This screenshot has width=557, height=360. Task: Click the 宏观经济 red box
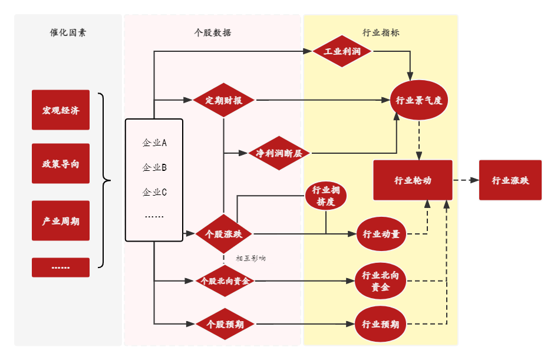(x=60, y=110)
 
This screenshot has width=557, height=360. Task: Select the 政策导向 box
(x=60, y=164)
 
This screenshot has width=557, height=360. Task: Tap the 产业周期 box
(x=60, y=221)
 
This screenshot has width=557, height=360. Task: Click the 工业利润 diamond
(x=342, y=51)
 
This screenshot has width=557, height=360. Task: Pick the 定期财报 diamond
(x=223, y=100)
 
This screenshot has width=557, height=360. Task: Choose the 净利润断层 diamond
(x=279, y=153)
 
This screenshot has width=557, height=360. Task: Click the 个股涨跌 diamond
(x=223, y=234)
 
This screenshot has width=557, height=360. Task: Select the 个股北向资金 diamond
(x=224, y=281)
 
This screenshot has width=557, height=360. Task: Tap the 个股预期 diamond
(x=224, y=324)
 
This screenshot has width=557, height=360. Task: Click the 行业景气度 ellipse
(x=418, y=100)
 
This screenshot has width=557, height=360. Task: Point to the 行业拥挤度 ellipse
(x=325, y=196)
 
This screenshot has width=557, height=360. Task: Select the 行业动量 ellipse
(x=381, y=234)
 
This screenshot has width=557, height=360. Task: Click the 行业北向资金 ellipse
(x=380, y=281)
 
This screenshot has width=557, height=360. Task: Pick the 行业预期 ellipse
(x=380, y=324)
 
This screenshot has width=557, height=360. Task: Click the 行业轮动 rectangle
(x=413, y=180)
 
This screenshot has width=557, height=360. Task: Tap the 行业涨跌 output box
(x=510, y=180)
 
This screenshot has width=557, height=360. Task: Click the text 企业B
(x=154, y=167)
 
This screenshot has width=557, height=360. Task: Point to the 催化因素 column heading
(x=68, y=33)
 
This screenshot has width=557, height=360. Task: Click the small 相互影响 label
(x=251, y=258)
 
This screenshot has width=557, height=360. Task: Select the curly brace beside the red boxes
(x=106, y=180)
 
